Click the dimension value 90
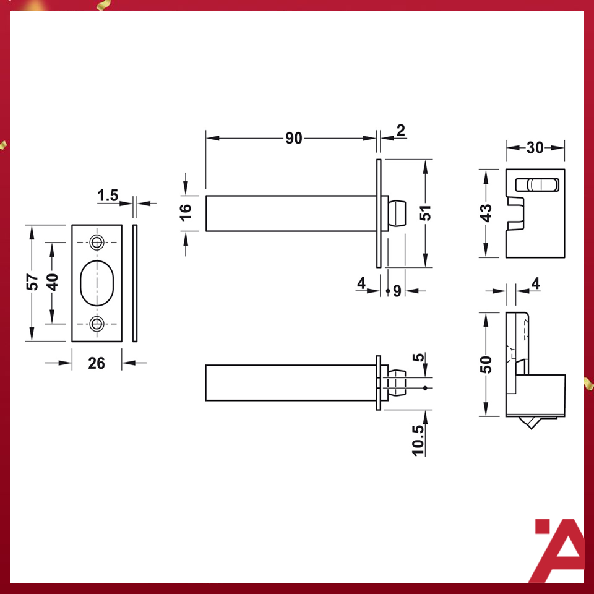[x=294, y=139]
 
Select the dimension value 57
[x=33, y=282]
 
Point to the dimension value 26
[x=97, y=363]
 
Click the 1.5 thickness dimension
[x=108, y=196]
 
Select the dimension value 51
[x=425, y=213]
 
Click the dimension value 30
[x=535, y=147]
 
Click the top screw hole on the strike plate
[x=97, y=241]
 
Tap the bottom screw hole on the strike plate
[x=97, y=324]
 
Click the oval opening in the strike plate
[x=97, y=282]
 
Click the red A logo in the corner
[x=558, y=550]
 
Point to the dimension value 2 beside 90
[x=400, y=131]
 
